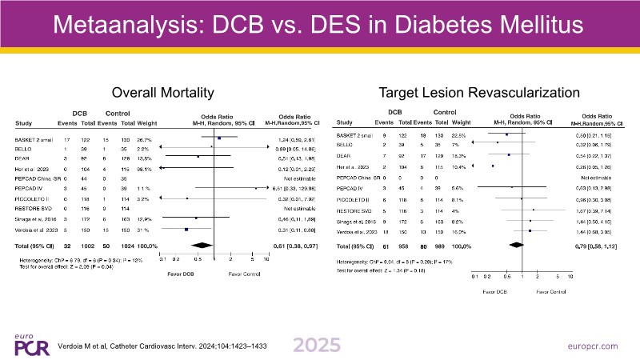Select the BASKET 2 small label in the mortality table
pyautogui.click(x=34, y=140)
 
